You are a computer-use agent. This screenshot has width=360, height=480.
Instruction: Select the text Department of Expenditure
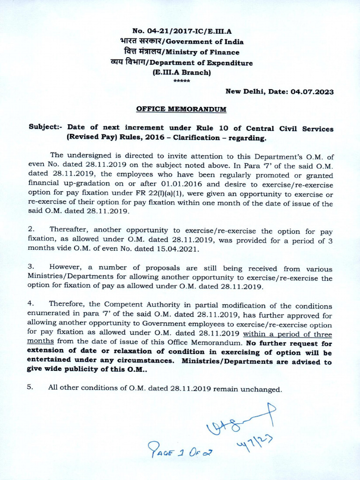tap(210, 62)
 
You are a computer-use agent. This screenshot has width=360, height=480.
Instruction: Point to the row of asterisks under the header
tap(181, 81)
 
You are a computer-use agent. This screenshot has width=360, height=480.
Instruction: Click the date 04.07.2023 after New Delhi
tap(312, 92)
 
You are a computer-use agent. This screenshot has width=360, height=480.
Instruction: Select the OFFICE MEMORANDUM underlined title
tap(181, 109)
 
